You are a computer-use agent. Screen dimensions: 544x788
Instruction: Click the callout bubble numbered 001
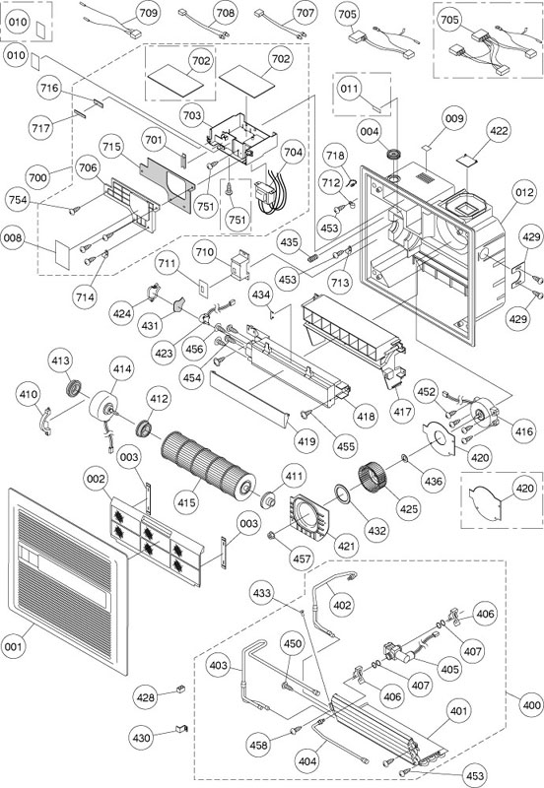(x=14, y=645)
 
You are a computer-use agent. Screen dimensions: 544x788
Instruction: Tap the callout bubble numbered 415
(x=187, y=501)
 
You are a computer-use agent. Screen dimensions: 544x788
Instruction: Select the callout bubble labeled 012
(x=523, y=192)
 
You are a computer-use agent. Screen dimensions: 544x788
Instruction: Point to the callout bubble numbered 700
(x=37, y=177)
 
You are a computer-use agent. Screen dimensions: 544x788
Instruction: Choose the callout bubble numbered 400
(x=531, y=705)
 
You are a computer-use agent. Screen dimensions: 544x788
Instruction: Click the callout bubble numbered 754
(x=18, y=200)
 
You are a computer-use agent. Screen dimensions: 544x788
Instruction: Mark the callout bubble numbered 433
(x=262, y=593)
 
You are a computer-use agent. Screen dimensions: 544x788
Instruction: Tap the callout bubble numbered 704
(x=294, y=152)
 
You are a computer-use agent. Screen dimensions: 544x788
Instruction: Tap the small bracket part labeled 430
(x=181, y=728)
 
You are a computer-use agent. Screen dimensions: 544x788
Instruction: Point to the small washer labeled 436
(x=404, y=458)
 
